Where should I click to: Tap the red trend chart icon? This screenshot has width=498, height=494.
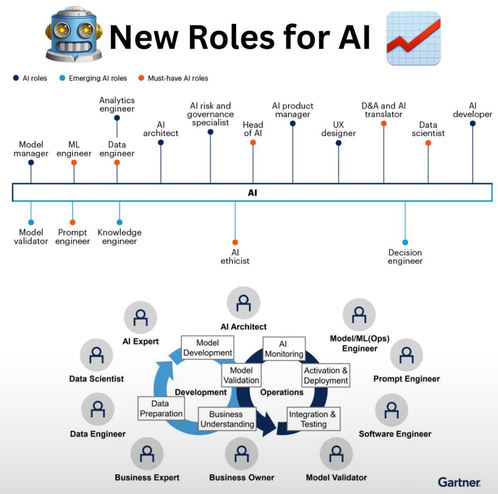coord(413,38)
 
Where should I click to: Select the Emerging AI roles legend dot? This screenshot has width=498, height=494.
coord(62,78)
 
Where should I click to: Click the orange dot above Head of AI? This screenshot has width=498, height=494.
coord(253,143)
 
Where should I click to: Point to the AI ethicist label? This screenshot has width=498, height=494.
coord(235,257)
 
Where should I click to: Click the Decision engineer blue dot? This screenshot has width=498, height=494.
coord(405,242)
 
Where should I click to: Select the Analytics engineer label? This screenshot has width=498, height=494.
coord(117,104)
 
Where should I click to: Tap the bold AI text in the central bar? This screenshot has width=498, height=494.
coord(252,193)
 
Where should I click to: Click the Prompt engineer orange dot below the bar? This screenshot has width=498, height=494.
coord(73,222)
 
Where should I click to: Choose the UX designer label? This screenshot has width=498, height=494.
coord(338,129)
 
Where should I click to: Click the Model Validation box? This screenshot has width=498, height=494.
coord(241,375)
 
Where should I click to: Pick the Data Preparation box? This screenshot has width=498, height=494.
coord(161,408)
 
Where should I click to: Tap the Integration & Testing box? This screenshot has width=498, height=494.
coord(313,419)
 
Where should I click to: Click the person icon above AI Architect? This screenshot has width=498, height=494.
coord(243,303)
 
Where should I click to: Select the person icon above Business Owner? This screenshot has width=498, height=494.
coord(242,454)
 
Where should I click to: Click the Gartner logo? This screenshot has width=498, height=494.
coord(459,482)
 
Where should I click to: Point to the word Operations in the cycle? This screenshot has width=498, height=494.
coord(281,392)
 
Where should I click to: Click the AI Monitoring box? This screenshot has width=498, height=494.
coord(284,349)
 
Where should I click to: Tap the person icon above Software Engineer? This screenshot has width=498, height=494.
coord(391,410)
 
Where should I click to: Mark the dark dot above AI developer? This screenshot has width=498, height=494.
coord(472,123)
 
